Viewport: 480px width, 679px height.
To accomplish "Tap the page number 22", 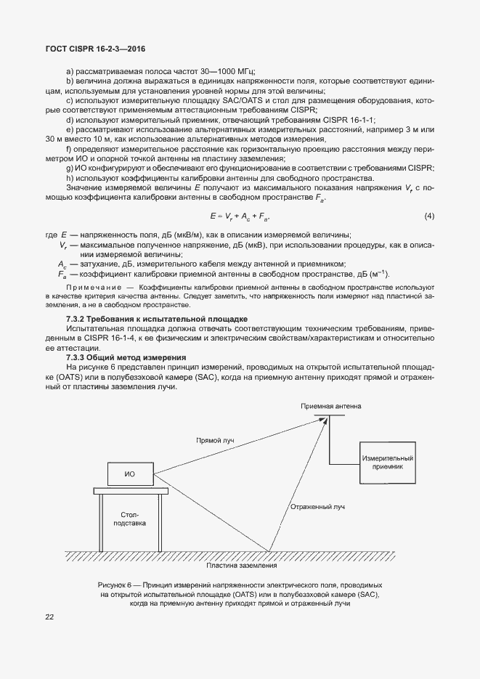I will pos(49,617).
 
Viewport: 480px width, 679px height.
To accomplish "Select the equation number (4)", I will pos(429,216).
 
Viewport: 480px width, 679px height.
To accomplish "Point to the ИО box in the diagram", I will pos(130,474).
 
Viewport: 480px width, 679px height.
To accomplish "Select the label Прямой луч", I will pos(215,440).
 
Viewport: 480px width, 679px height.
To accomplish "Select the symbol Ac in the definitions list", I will pos(62,264).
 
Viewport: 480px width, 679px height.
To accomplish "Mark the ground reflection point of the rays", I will pos(270,551).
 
